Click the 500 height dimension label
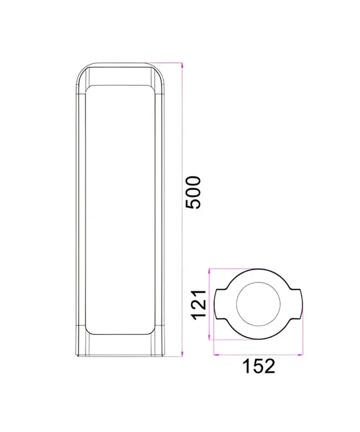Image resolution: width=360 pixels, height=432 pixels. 194,193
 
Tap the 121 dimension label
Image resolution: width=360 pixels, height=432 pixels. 199,305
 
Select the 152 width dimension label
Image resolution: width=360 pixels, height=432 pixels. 258,366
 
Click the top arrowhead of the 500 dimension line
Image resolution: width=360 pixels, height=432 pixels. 182,65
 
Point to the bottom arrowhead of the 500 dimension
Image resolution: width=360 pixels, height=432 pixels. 182,354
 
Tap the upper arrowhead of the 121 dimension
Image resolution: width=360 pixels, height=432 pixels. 210,272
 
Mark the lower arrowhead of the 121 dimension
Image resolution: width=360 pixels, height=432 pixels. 210,337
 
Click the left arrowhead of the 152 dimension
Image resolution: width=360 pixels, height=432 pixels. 217,355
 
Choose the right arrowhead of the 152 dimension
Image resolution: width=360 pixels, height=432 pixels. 300,355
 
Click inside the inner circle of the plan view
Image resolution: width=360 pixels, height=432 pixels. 258,304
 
